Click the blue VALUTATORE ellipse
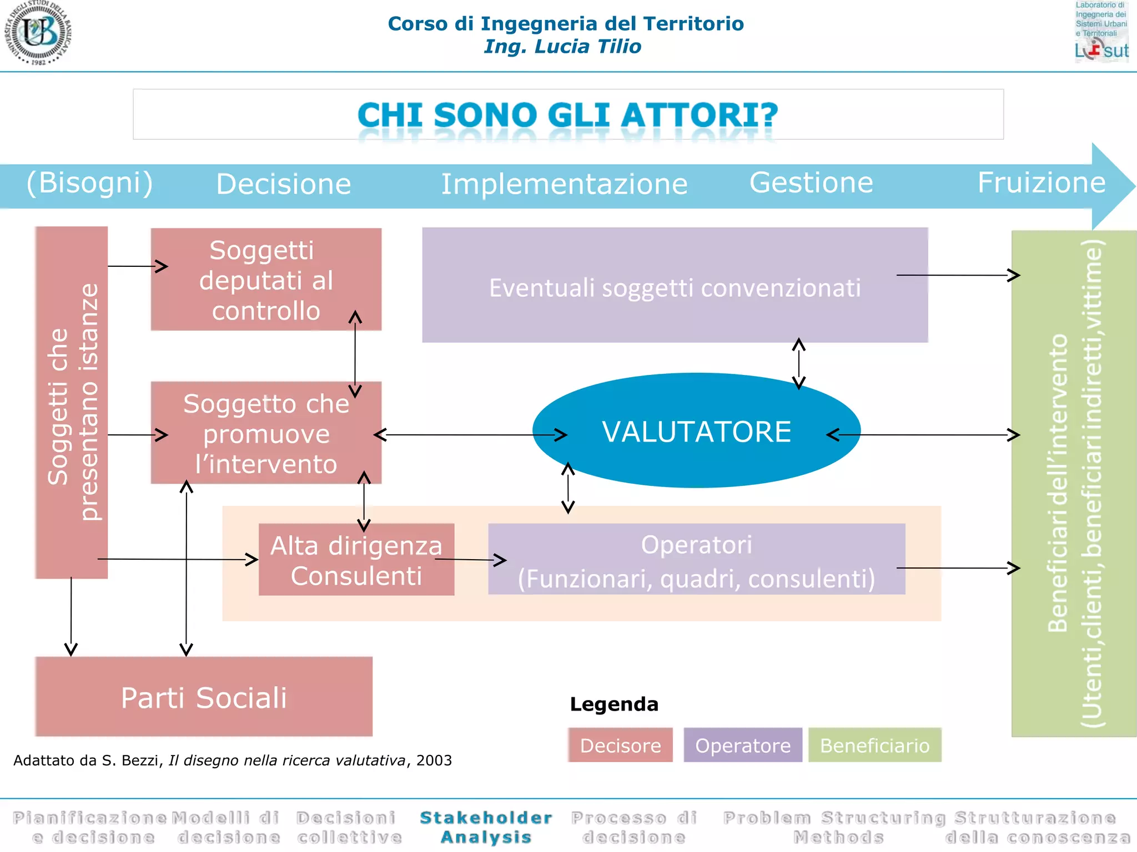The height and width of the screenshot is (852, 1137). click(696, 431)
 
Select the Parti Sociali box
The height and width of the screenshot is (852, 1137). click(204, 697)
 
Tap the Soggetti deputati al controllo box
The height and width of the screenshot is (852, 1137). click(265, 280)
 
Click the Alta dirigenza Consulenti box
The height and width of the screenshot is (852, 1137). click(356, 560)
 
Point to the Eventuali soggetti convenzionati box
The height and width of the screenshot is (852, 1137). click(675, 286)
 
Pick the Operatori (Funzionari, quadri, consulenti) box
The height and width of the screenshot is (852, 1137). click(696, 560)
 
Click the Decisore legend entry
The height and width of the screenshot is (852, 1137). click(620, 745)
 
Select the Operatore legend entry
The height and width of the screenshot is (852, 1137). click(743, 745)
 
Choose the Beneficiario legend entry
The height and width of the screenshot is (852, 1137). click(874, 745)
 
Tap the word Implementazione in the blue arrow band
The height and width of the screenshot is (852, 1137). click(564, 184)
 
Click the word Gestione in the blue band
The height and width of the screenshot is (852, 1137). click(811, 183)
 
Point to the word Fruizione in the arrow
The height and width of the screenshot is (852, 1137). click(1042, 183)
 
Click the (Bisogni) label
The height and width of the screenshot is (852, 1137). click(90, 183)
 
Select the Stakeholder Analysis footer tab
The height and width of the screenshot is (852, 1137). click(486, 827)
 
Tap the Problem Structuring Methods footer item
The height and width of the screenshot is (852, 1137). click(835, 827)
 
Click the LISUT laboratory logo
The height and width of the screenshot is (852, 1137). click(1101, 32)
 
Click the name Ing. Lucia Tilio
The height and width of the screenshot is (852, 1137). click(562, 47)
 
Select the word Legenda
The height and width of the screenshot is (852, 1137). click(614, 704)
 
